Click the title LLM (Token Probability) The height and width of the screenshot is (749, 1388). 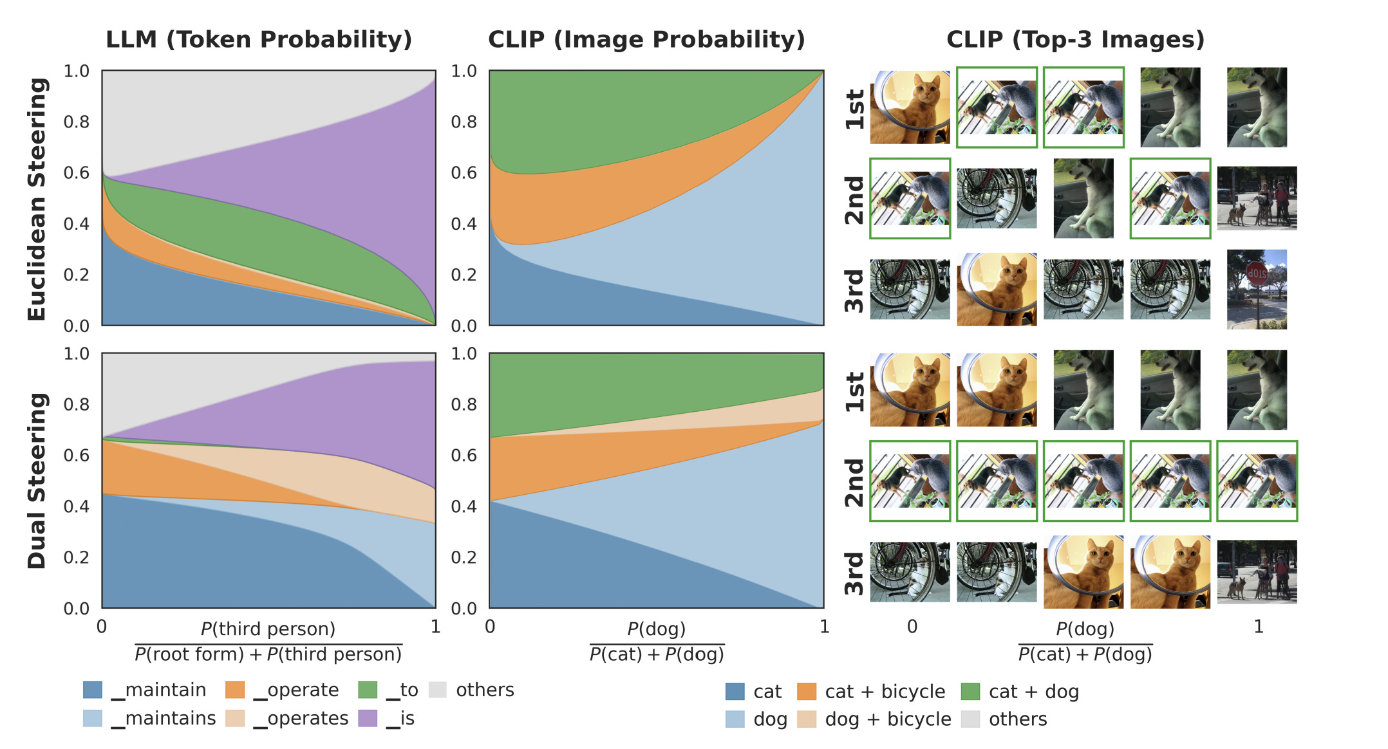pyautogui.click(x=259, y=39)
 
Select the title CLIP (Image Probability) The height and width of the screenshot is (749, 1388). pyautogui.click(x=646, y=39)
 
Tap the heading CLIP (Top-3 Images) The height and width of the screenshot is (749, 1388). pyautogui.click(x=1075, y=39)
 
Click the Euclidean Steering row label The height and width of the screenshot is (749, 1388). pyautogui.click(x=37, y=199)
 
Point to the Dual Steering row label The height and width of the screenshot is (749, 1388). pyautogui.click(x=37, y=481)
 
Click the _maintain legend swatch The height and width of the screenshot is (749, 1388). pyautogui.click(x=93, y=690)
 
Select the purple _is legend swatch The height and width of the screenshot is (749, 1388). pyautogui.click(x=368, y=718)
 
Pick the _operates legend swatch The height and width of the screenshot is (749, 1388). pyautogui.click(x=235, y=718)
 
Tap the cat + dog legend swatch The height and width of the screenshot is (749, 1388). pyautogui.click(x=970, y=692)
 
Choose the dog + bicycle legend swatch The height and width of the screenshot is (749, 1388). pyautogui.click(x=806, y=719)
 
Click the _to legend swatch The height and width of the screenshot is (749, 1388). pyautogui.click(x=368, y=690)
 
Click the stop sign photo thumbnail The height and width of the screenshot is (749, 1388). pyautogui.click(x=1257, y=290)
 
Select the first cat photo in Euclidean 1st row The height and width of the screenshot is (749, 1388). pyautogui.click(x=910, y=107)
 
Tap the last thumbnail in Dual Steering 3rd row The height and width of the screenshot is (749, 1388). pyautogui.click(x=1257, y=572)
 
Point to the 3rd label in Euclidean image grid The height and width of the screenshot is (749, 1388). pyautogui.click(x=854, y=291)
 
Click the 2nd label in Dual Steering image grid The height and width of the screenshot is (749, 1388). pyautogui.click(x=854, y=483)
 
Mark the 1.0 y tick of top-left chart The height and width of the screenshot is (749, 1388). pyautogui.click(x=76, y=71)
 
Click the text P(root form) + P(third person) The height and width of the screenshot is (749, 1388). pyautogui.click(x=268, y=654)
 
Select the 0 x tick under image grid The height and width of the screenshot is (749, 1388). pyautogui.click(x=912, y=626)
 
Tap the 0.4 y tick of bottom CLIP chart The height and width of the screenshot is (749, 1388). pyautogui.click(x=464, y=506)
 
